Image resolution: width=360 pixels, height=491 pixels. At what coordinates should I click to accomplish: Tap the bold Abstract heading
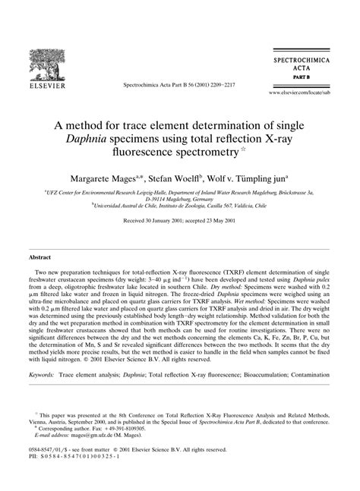pyautogui.click(x=40, y=259)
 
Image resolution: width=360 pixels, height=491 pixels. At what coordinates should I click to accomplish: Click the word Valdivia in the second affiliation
pyautogui.click(x=236, y=204)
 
